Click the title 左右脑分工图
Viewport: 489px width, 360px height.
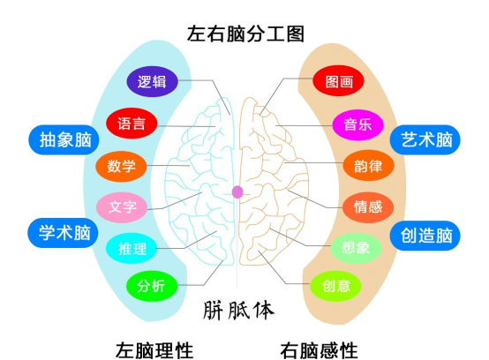pyautogui.click(x=245, y=34)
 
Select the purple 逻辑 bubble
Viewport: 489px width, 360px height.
pyautogui.click(x=152, y=82)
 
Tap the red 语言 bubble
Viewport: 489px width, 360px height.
pyautogui.click(x=132, y=123)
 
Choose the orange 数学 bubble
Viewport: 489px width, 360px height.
pyautogui.click(x=122, y=165)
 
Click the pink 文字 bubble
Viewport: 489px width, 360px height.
pyautogui.click(x=122, y=208)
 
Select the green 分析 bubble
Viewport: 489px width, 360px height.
pyautogui.click(x=152, y=286)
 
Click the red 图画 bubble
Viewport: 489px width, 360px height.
pyautogui.click(x=338, y=82)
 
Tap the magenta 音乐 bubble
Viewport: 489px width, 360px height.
pyautogui.click(x=357, y=124)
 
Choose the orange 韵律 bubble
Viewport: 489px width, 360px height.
pyautogui.click(x=367, y=165)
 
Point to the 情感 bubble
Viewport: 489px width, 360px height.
pyautogui.click(x=367, y=207)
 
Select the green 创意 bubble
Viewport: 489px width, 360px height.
pyautogui.click(x=336, y=285)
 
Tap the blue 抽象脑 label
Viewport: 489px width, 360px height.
pyautogui.click(x=59, y=139)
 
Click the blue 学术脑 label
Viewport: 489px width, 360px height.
pyautogui.click(x=59, y=234)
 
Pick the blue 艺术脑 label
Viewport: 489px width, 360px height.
pyautogui.click(x=426, y=139)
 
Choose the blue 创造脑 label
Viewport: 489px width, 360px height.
pyautogui.click(x=426, y=235)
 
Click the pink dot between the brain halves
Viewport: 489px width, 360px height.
pyautogui.click(x=237, y=191)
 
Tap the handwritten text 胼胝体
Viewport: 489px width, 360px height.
pyautogui.click(x=238, y=311)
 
